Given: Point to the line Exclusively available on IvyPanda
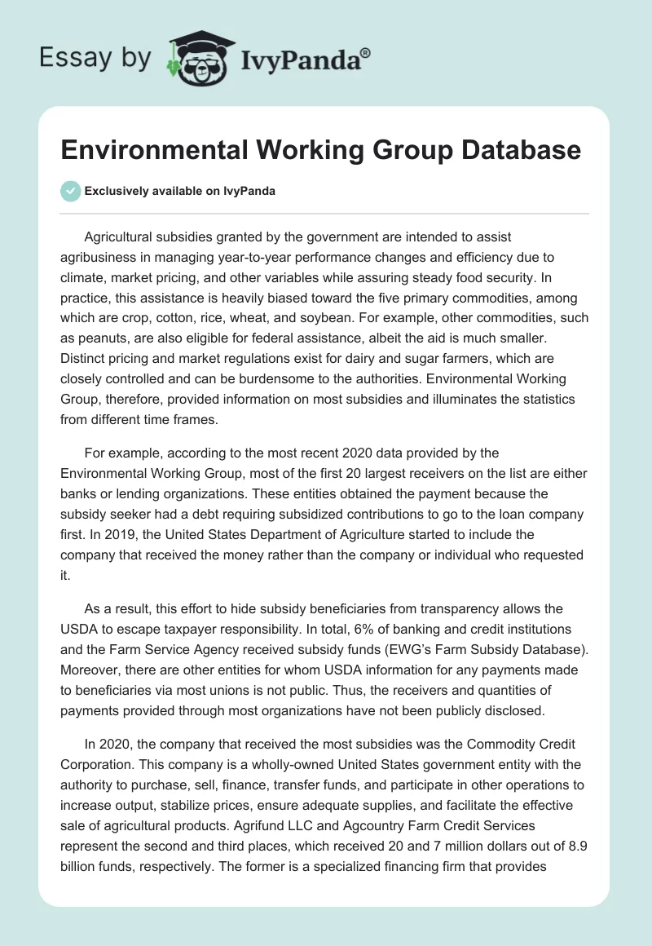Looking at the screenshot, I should pos(179,191).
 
